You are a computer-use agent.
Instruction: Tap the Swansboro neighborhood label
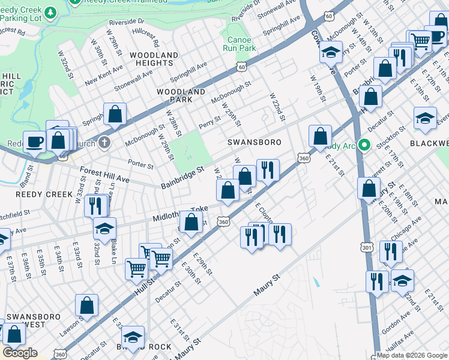(246, 143)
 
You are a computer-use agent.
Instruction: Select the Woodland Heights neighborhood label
(154, 59)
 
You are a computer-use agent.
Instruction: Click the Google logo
(20, 353)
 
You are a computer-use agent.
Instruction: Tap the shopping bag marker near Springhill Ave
(115, 113)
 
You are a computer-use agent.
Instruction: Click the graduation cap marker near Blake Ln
(104, 229)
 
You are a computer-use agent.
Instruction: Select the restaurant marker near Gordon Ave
(377, 281)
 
